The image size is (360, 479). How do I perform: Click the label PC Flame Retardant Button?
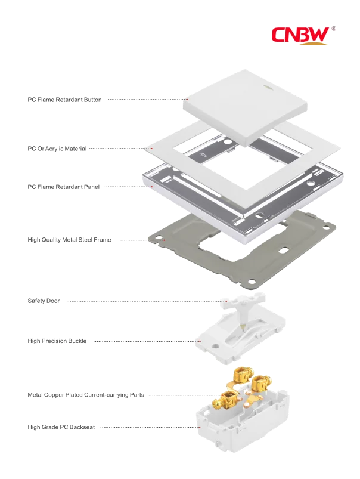[66, 100]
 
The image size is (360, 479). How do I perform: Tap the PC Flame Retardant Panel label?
[63, 187]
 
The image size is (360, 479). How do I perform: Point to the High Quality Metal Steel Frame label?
[70, 240]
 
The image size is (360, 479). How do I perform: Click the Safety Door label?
[45, 301]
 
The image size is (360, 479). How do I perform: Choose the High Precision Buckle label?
[57, 341]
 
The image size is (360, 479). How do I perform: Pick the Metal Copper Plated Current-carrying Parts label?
[85, 395]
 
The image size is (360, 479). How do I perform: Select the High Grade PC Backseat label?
[61, 427]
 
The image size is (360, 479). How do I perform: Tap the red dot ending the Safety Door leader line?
[227, 301]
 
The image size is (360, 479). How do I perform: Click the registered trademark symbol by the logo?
[334, 27]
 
